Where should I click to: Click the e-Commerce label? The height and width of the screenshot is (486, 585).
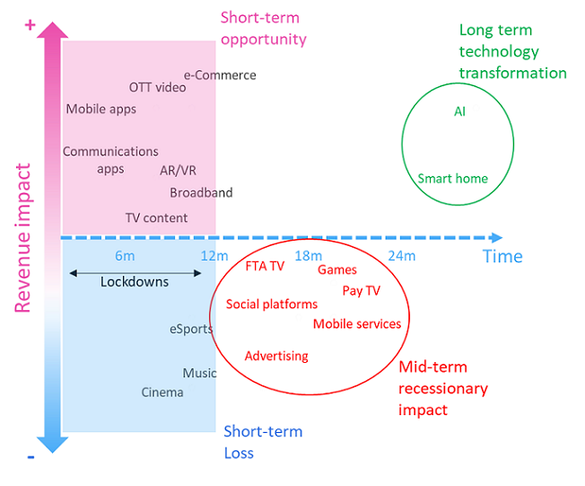click(220, 75)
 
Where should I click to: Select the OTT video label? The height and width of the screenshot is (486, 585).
click(158, 87)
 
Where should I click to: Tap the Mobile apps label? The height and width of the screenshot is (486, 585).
click(101, 110)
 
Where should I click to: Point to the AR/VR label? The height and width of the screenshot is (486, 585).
click(178, 171)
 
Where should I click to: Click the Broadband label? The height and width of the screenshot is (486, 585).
click(201, 192)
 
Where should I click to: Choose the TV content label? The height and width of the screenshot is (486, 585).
click(156, 217)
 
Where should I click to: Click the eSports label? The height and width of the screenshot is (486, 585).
click(191, 329)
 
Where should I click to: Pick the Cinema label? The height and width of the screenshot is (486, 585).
click(162, 392)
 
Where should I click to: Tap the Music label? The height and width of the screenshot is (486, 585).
click(199, 373)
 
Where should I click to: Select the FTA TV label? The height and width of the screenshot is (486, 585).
click(265, 266)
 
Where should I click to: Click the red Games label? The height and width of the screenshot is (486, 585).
click(337, 270)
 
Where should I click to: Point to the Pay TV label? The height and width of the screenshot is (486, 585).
click(362, 290)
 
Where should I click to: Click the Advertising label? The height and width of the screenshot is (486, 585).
click(276, 356)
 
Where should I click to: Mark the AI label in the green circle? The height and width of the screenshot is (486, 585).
click(459, 112)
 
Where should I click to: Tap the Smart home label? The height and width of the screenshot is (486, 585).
click(453, 178)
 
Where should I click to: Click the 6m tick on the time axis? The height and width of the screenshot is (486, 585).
click(125, 256)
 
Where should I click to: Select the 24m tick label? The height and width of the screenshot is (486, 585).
click(401, 256)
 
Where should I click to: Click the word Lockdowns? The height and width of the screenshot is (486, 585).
click(135, 281)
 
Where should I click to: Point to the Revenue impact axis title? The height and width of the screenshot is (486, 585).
click(24, 238)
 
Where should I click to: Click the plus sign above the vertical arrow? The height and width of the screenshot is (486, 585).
click(30, 25)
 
